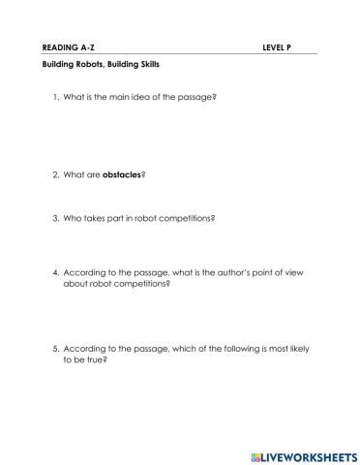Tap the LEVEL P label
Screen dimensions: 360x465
pos(277,46)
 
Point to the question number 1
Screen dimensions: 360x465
pos(54,98)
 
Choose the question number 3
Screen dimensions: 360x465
pos(54,218)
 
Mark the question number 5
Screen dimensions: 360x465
pos(54,348)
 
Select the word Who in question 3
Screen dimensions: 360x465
pos(72,218)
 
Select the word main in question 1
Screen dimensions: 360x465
pos(110,98)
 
